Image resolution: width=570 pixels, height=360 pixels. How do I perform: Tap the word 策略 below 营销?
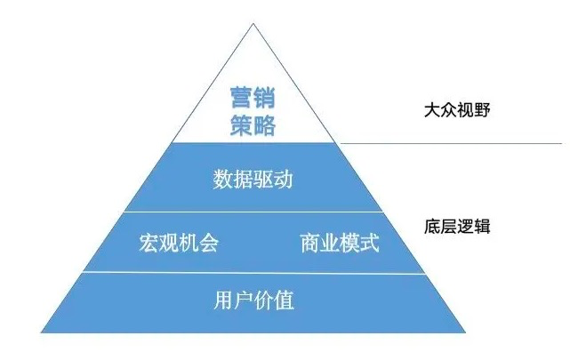coord(253,124)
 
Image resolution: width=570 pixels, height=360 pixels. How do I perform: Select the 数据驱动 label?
coord(253,180)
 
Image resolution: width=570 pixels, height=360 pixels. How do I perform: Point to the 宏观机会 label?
coord(179,243)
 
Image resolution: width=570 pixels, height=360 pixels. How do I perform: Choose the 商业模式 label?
coord(339,243)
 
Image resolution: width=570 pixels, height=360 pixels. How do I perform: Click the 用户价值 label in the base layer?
coord(254,300)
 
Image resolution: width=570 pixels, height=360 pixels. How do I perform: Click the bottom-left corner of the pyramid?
coord(43,333)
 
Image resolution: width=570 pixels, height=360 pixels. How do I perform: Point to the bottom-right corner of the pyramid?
coord(466,333)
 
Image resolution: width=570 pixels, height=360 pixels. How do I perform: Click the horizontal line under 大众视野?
coord(449,143)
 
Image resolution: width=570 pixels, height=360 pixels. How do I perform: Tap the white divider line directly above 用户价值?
coord(254,272)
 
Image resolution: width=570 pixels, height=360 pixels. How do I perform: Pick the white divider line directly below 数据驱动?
coord(254,212)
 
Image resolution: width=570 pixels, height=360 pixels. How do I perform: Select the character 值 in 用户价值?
coord(285,300)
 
